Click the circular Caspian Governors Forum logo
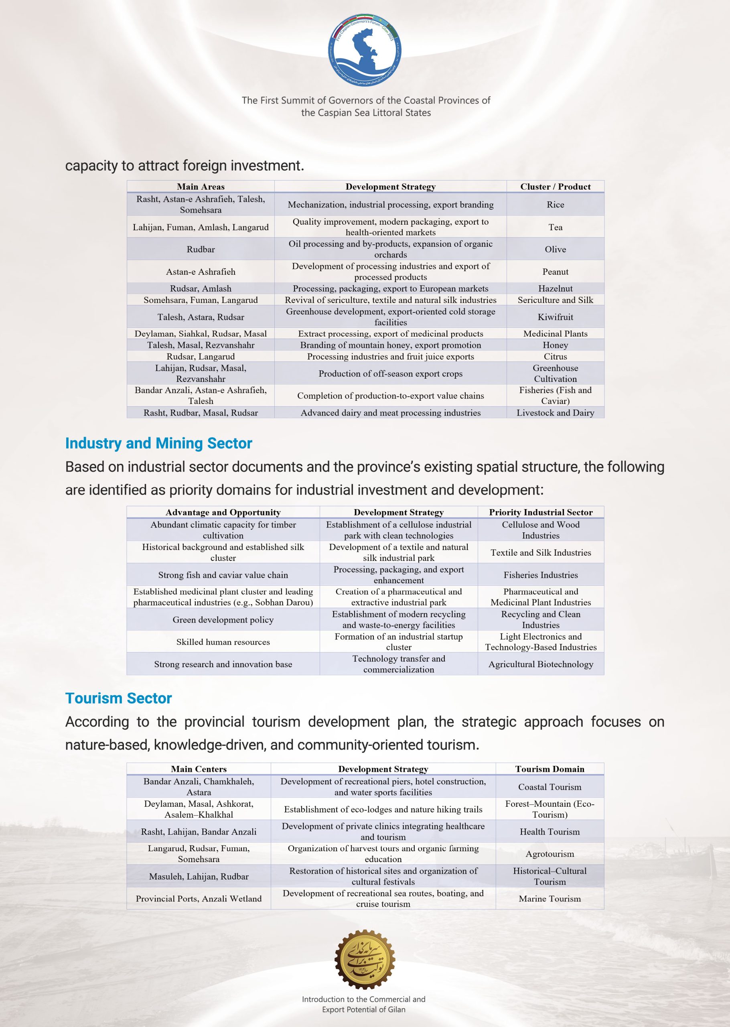(x=365, y=49)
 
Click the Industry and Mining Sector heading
(x=159, y=443)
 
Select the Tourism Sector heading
(x=119, y=698)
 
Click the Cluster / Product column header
(x=555, y=187)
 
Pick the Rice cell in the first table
(x=555, y=205)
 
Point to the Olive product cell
(x=555, y=249)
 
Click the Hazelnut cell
(x=555, y=288)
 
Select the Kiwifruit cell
(x=555, y=317)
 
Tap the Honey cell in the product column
(x=555, y=345)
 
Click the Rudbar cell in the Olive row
(x=201, y=249)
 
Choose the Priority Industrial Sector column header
(x=540, y=512)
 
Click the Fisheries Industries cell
(x=540, y=575)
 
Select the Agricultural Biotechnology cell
(x=540, y=664)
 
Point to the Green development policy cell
(x=223, y=620)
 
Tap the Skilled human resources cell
(x=223, y=642)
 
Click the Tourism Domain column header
(x=549, y=769)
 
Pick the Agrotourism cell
(x=549, y=854)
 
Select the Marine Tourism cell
(x=549, y=899)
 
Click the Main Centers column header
(x=199, y=769)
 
